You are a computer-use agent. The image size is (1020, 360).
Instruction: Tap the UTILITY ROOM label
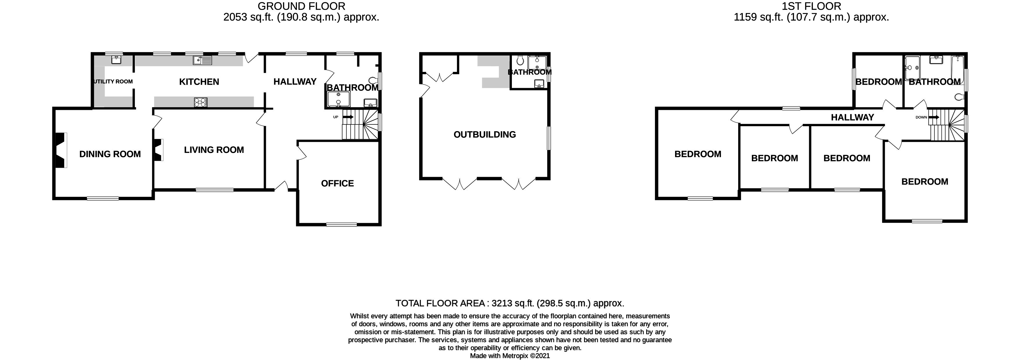[113, 82]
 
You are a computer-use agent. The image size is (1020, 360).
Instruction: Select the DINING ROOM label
[110, 154]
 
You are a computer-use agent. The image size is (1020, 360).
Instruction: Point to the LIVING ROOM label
[214, 150]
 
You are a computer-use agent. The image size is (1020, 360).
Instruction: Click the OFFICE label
[337, 183]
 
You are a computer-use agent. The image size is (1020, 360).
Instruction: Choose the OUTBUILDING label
[485, 135]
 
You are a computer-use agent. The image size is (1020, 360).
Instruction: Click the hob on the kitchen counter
[201, 102]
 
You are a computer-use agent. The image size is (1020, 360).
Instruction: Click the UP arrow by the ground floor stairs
[347, 117]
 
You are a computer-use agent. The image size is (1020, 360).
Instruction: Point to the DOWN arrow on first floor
[933, 117]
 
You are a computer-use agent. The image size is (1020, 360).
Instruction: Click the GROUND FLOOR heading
[301, 6]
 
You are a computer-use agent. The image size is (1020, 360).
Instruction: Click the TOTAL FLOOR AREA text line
[510, 303]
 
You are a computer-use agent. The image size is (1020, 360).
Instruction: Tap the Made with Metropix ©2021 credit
[510, 356]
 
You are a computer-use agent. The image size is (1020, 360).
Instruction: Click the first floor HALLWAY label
[852, 117]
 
